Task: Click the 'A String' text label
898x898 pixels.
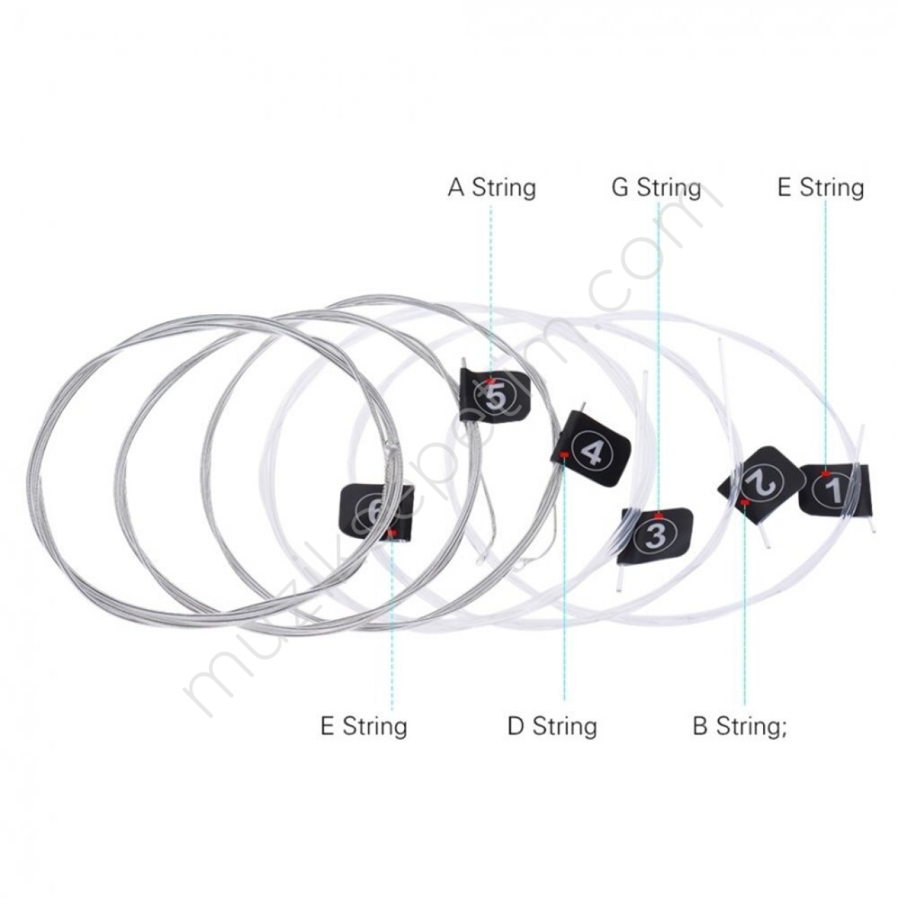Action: (x=492, y=187)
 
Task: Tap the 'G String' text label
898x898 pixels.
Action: (x=656, y=187)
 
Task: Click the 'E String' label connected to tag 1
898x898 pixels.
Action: (x=821, y=187)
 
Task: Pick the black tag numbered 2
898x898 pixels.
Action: (x=761, y=485)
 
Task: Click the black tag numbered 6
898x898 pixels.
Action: (x=377, y=512)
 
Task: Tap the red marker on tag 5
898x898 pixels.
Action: (x=490, y=381)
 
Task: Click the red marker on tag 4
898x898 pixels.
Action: (x=564, y=455)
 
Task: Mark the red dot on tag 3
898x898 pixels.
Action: (x=658, y=516)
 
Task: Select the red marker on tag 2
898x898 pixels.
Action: (x=744, y=502)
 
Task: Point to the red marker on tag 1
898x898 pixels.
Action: (x=826, y=474)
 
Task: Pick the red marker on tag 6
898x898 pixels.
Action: (x=392, y=532)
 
